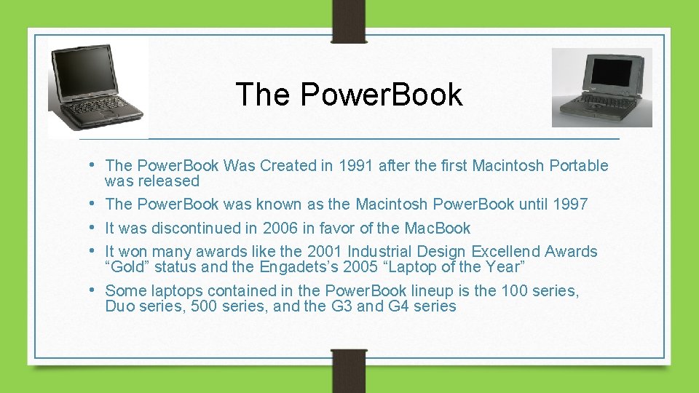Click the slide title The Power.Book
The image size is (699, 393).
click(x=349, y=95)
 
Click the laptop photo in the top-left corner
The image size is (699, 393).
click(x=98, y=87)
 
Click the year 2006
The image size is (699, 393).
click(x=280, y=228)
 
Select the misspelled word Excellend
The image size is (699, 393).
click(x=508, y=252)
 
